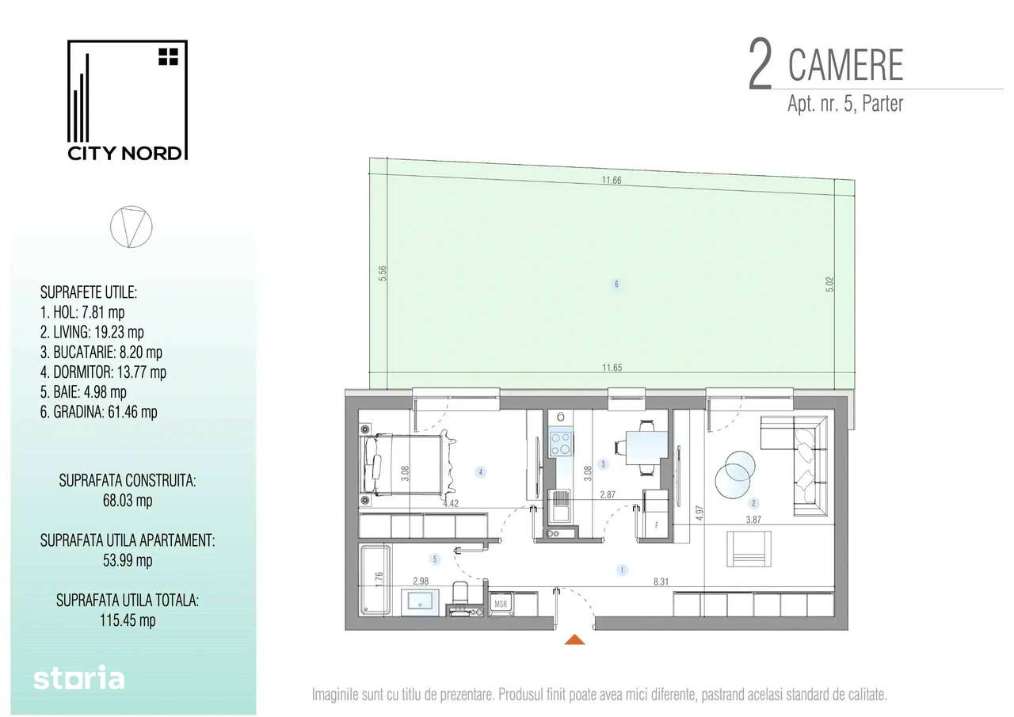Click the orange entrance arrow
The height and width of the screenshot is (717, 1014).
[x=576, y=640]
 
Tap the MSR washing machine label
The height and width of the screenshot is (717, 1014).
[x=501, y=604]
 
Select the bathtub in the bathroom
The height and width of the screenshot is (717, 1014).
[x=375, y=579]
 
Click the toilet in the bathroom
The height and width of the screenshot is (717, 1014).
[x=460, y=596]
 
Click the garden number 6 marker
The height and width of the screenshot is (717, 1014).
[x=616, y=284]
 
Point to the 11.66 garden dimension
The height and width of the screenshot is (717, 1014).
[x=611, y=180]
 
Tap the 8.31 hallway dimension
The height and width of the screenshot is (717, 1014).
[x=660, y=581]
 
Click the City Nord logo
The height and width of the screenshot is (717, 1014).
[x=127, y=101]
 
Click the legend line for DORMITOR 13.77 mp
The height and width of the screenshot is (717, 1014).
[x=102, y=372]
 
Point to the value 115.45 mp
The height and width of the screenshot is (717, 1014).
[x=127, y=620]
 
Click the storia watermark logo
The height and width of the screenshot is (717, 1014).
[x=79, y=678]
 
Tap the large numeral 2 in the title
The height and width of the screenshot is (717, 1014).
[x=760, y=67]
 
